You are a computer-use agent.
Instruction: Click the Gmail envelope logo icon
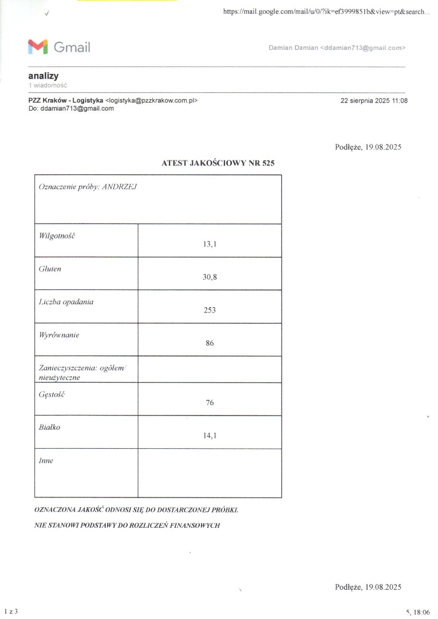38,47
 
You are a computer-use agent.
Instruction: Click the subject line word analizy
43,76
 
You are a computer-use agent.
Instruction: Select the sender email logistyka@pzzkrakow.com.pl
152,100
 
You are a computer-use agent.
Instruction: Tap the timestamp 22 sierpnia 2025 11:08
374,100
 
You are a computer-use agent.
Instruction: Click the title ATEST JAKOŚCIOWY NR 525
218,163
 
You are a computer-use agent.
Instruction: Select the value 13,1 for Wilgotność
210,244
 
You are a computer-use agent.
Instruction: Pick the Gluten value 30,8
210,277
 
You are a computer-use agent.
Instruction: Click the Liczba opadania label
65,301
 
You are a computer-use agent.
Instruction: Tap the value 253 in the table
210,310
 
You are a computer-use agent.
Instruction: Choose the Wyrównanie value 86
210,343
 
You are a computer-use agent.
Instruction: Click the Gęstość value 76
210,403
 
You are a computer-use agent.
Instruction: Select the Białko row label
49,427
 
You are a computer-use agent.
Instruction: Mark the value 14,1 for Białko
210,436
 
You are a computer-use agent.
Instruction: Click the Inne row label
46,460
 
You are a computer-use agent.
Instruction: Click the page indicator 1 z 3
11,612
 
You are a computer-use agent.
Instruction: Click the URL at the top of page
326,12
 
